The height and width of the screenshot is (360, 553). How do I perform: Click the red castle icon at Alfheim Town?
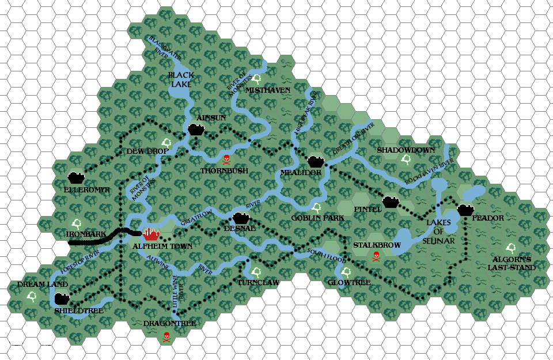[151, 233]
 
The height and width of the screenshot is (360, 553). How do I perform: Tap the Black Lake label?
[181, 79]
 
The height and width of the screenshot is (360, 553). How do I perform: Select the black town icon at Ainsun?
[196, 130]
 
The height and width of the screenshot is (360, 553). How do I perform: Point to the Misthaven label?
[268, 90]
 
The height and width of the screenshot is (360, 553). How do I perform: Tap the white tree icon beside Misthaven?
[257, 78]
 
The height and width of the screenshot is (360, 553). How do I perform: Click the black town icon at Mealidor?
[316, 161]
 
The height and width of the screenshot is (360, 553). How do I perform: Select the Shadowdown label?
[406, 150]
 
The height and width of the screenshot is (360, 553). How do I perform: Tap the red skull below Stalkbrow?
[376, 256]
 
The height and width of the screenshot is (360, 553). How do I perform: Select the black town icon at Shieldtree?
[61, 300]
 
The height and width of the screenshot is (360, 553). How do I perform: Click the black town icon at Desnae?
[241, 218]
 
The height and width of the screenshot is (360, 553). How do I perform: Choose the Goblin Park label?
[317, 218]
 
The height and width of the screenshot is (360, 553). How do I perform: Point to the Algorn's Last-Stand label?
[512, 263]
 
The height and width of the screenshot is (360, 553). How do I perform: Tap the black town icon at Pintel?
[391, 201]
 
